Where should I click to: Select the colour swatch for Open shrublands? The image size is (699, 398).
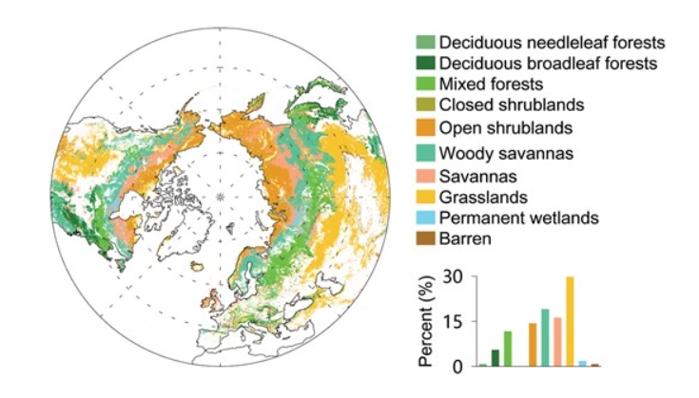425,126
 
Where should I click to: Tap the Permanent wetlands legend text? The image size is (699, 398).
518,218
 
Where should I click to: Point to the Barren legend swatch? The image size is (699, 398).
425,238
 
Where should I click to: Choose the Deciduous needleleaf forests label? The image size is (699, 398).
552,43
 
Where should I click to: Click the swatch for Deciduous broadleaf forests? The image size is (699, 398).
425,64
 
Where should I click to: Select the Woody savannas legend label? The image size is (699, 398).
497,152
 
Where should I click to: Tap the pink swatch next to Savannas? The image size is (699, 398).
425,176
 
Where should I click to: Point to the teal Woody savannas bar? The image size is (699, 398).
545,337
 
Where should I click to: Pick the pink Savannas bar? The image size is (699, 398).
557,341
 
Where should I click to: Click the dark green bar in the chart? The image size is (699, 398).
495,357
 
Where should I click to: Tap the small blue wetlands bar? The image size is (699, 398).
582,363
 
